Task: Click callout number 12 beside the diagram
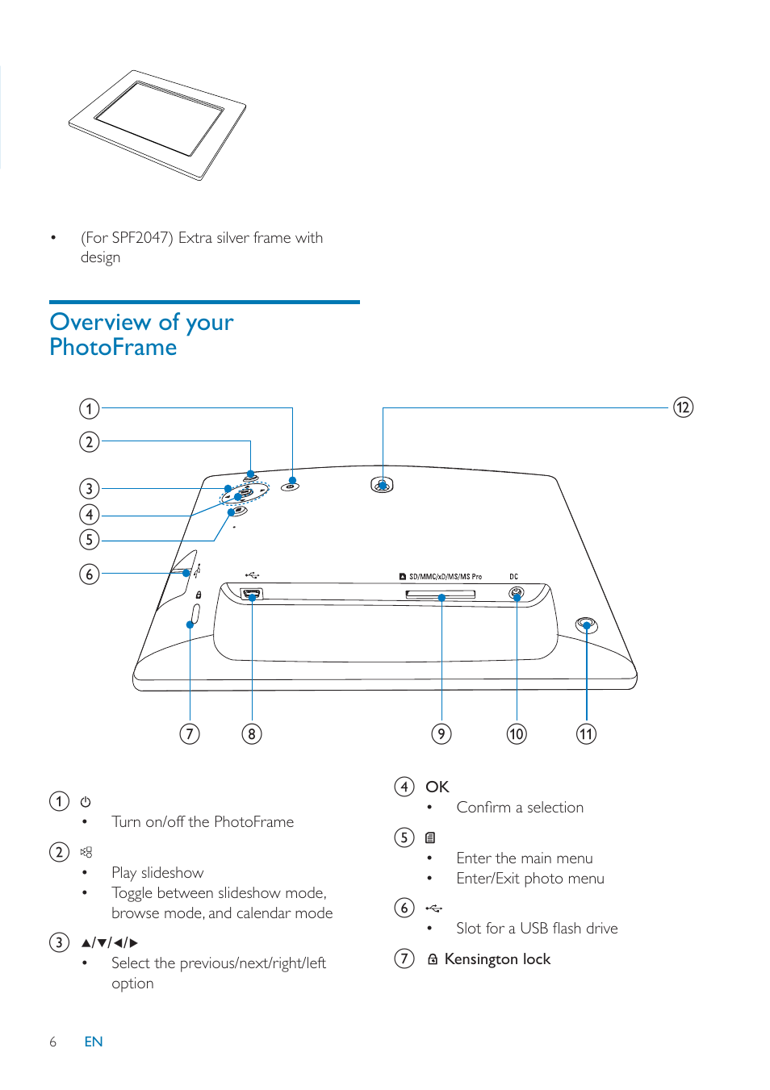click(683, 407)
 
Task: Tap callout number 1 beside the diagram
click(89, 409)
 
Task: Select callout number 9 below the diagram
click(441, 733)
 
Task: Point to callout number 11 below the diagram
click(586, 733)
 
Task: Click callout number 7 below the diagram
click(190, 733)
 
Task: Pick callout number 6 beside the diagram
click(89, 574)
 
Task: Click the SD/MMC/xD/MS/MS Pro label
click(445, 577)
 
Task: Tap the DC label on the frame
click(513, 577)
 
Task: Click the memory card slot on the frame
click(440, 595)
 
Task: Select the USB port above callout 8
click(252, 595)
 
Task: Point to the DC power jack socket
click(517, 594)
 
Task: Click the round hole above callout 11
click(587, 624)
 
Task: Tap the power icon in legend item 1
click(86, 802)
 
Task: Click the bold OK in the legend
click(437, 787)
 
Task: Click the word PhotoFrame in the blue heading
click(113, 348)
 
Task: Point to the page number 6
click(53, 1042)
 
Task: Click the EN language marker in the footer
click(94, 1042)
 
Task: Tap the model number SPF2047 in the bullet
click(142, 238)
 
